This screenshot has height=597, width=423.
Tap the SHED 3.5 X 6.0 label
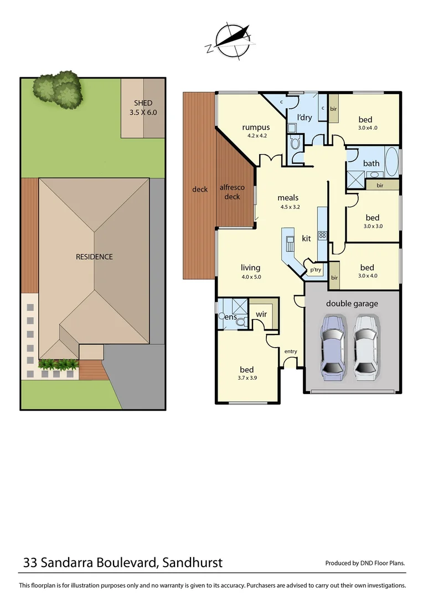coord(143,107)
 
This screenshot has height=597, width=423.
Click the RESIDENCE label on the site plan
coord(94,256)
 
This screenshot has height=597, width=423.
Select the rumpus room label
coord(256,130)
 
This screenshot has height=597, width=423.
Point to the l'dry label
coord(305,118)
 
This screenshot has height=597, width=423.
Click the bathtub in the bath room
coord(391,163)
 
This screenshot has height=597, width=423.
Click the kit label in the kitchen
coord(306,239)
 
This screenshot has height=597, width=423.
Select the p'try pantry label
coord(316,270)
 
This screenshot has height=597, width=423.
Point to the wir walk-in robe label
coord(261,314)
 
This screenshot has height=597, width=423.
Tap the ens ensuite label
coord(231,317)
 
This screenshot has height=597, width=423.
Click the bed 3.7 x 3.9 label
coord(246,373)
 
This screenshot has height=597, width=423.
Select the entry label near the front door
coord(291,352)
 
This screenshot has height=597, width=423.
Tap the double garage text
coord(352,303)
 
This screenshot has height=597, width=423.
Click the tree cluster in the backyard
coord(58,88)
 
